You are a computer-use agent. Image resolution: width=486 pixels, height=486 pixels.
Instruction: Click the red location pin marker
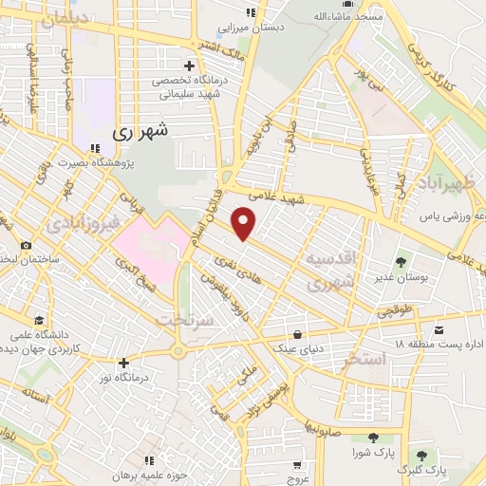point(245,223)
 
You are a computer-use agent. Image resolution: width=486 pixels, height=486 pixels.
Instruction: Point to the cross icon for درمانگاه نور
point(121,362)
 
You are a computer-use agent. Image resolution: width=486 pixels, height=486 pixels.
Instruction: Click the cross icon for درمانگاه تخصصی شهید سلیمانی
point(189,65)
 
